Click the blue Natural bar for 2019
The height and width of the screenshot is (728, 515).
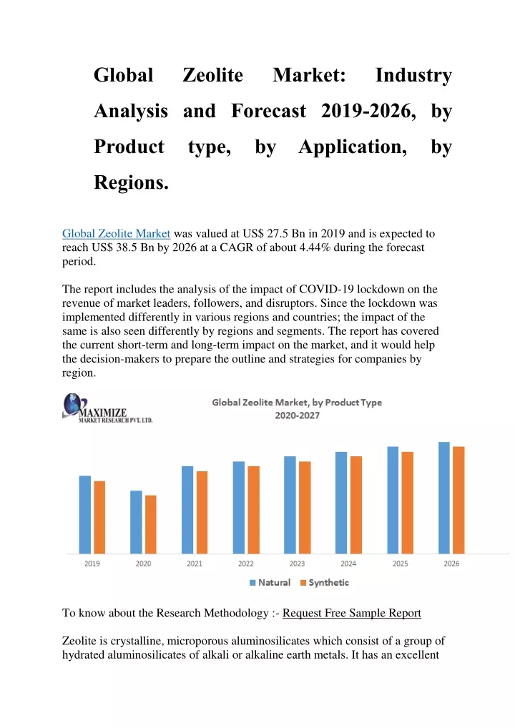point(85,514)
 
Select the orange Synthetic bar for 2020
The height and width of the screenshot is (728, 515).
point(150,524)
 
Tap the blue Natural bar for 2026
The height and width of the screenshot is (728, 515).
point(444,498)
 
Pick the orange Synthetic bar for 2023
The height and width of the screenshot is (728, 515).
point(305,508)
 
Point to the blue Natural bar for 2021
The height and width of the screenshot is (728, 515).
point(187,510)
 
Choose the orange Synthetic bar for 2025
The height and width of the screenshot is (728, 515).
point(407,502)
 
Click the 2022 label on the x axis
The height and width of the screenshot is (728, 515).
point(245,564)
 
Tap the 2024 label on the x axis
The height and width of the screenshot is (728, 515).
point(348,564)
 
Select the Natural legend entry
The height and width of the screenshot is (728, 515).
point(270,583)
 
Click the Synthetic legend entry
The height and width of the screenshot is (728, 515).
point(325,583)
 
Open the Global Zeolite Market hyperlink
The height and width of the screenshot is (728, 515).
point(116,234)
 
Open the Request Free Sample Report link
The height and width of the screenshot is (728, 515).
point(351,614)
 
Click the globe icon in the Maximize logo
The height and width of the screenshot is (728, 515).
point(72,404)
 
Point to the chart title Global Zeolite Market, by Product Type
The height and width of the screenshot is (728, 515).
point(297,403)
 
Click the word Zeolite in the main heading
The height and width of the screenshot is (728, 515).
point(212,75)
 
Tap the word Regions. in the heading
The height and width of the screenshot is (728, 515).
point(131,182)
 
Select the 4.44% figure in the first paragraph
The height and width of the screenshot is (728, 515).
point(315,247)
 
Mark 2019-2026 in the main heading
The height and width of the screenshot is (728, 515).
point(368,111)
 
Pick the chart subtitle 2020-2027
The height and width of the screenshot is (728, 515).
point(298,415)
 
